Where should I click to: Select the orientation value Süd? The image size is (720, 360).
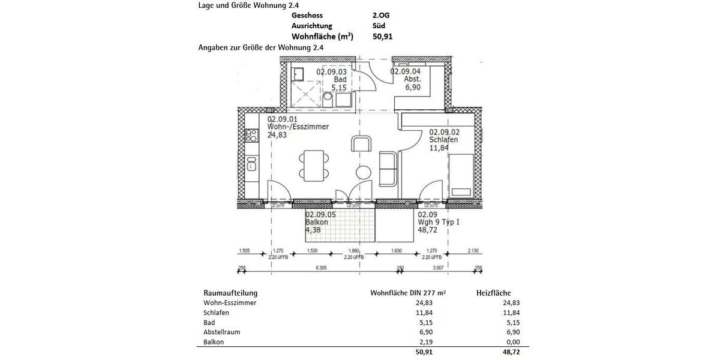(x=379, y=26)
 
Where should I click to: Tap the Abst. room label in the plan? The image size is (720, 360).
(x=413, y=79)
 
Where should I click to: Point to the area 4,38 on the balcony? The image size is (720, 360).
(x=314, y=229)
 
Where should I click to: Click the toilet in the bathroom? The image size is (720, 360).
(x=328, y=98)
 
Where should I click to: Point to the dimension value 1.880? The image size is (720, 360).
(x=354, y=251)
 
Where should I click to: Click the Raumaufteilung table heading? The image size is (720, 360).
(x=230, y=293)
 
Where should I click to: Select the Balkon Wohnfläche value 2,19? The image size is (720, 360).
(x=425, y=341)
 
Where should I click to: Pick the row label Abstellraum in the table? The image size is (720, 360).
(x=223, y=332)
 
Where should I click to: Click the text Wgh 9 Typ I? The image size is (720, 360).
(x=439, y=222)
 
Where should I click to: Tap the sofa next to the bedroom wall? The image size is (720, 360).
(x=387, y=169)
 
